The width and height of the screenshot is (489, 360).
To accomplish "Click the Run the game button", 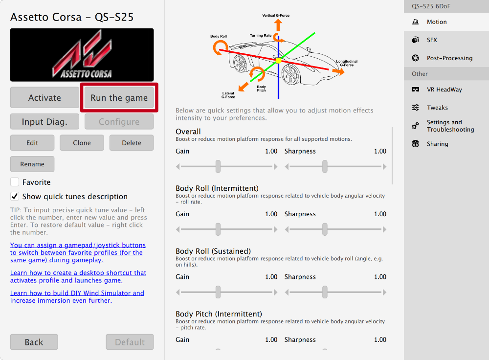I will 119,98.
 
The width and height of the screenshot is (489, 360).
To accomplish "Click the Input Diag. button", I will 44,122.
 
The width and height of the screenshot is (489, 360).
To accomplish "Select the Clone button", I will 82,143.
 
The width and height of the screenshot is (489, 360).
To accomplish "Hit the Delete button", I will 131,143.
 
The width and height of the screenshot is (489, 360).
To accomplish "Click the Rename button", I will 32,164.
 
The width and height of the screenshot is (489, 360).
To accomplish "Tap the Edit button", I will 32,143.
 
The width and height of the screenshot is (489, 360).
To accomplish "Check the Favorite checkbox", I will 15,182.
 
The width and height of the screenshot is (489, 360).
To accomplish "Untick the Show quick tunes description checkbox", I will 15,197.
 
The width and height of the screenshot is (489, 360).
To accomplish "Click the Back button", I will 34,342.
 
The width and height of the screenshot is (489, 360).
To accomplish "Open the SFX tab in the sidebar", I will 432,40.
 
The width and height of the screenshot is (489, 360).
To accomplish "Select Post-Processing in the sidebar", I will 449,58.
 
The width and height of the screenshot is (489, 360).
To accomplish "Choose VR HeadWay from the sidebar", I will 444,90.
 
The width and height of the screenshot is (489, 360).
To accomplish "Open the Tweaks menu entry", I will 437,108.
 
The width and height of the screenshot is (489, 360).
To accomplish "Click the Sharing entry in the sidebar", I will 437,144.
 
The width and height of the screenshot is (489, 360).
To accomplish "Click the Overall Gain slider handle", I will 218,166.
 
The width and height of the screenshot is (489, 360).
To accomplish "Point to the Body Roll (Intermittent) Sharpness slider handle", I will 325,229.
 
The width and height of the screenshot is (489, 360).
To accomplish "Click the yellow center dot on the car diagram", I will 278,60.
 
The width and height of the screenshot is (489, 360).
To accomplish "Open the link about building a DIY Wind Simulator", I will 77,297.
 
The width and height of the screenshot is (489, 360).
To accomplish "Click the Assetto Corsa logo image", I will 82,55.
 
